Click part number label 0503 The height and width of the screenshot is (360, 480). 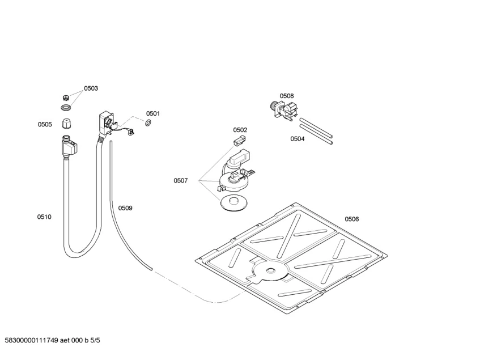click(x=91, y=88)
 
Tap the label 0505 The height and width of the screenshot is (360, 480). click(x=45, y=125)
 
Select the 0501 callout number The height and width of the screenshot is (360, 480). click(x=153, y=113)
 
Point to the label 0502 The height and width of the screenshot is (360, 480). click(x=240, y=130)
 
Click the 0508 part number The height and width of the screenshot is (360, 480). click(x=286, y=96)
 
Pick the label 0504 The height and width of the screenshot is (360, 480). click(x=297, y=138)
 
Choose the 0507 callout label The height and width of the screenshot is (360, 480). click(x=180, y=180)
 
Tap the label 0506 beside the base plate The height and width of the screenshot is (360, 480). click(x=351, y=219)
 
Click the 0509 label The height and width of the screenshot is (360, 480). click(x=125, y=208)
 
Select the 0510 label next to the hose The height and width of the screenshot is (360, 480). click(x=44, y=217)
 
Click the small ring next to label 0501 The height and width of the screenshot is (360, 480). click(x=148, y=123)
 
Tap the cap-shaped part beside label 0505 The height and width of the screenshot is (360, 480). click(x=67, y=124)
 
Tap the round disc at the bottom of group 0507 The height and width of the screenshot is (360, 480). click(x=232, y=202)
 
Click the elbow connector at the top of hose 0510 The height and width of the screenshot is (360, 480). click(x=70, y=147)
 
